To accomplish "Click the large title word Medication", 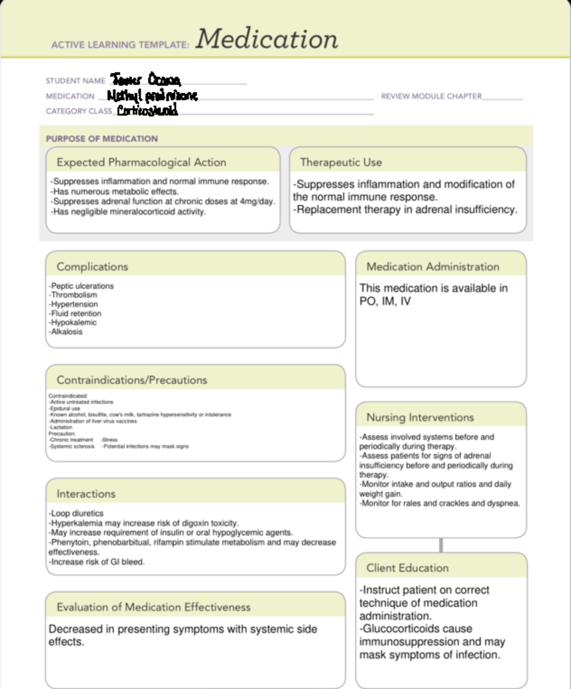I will coord(266,39).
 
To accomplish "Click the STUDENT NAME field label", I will coord(76,81).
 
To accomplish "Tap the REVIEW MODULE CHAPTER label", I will coord(431,96).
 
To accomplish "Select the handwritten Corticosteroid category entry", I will coord(148,111).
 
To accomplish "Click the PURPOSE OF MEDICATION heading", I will coord(102,139).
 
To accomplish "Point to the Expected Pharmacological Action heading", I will coord(141,162).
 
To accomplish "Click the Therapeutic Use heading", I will coord(341,162).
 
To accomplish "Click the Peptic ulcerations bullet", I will coord(81,286).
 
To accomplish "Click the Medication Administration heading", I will coord(433,267).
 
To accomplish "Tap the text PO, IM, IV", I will coord(385,301).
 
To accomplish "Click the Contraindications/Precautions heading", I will coord(132,380).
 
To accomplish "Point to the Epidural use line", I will coord(65,408).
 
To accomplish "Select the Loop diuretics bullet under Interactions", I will coord(76,514).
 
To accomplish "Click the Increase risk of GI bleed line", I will coord(97,562).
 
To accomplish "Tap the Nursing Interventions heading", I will coord(420,417).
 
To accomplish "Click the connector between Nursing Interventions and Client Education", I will coord(441,545).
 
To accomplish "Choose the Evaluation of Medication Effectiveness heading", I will coord(153,607).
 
